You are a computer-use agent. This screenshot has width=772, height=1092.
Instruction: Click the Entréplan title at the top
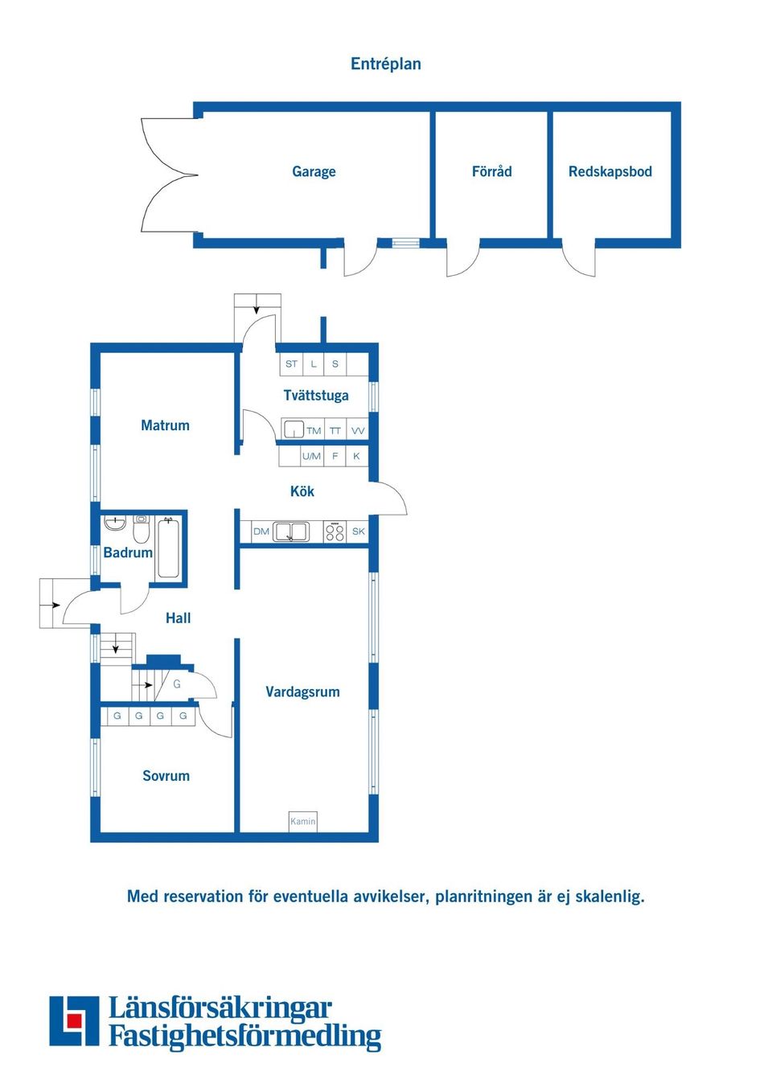tap(385, 64)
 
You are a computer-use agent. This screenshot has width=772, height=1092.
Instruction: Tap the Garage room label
tap(314, 171)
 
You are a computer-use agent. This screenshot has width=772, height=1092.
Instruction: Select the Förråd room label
tap(491, 171)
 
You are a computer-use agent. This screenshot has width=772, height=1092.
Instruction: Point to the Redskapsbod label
tap(610, 171)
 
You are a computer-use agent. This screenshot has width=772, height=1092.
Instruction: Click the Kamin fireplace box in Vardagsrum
tap(303, 821)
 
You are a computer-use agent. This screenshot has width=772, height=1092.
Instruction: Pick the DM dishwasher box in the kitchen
tap(261, 532)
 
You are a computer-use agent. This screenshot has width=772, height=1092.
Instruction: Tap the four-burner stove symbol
tap(335, 532)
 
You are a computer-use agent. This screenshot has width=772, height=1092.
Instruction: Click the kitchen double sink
tap(291, 532)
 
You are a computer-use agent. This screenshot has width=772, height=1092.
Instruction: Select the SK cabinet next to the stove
tap(359, 532)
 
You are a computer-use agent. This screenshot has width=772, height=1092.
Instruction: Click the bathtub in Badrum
tap(168, 548)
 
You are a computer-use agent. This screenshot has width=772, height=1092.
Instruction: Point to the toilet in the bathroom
tap(142, 529)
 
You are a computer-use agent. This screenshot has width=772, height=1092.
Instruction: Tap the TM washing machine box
tap(314, 430)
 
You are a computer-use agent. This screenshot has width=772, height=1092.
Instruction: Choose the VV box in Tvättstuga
tap(358, 430)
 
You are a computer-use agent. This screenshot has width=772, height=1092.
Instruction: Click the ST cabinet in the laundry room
tap(291, 364)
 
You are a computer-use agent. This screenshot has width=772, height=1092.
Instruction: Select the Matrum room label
tap(165, 425)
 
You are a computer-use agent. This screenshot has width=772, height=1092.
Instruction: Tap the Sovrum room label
tap(166, 776)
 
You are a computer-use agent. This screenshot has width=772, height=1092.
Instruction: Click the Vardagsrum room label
tap(302, 692)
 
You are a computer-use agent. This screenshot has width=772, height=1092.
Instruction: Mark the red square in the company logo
tap(75, 1020)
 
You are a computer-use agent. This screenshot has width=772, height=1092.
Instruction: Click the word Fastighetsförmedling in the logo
tap(244, 1036)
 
